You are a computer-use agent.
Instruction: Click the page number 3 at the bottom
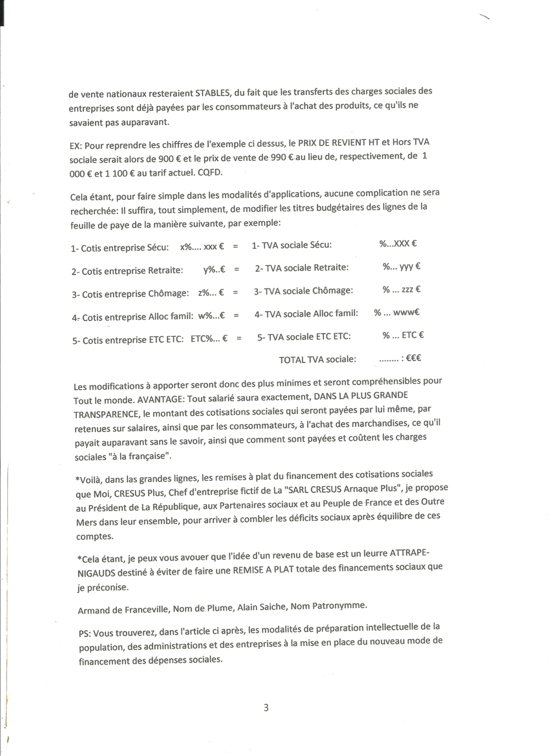tap(266, 708)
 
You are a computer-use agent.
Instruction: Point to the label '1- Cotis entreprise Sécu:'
tap(120, 248)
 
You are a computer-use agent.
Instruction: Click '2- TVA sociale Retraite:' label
tap(301, 268)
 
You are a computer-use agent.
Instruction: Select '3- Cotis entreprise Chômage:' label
tap(130, 294)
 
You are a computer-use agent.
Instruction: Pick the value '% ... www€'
tap(396, 313)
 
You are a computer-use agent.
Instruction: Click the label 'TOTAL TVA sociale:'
tap(317, 359)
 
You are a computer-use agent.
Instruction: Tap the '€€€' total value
tap(413, 358)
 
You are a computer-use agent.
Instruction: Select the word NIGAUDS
tap(95, 573)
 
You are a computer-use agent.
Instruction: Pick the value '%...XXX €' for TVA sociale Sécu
tap(397, 243)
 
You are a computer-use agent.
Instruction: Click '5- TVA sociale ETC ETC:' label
tap(304, 337)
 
